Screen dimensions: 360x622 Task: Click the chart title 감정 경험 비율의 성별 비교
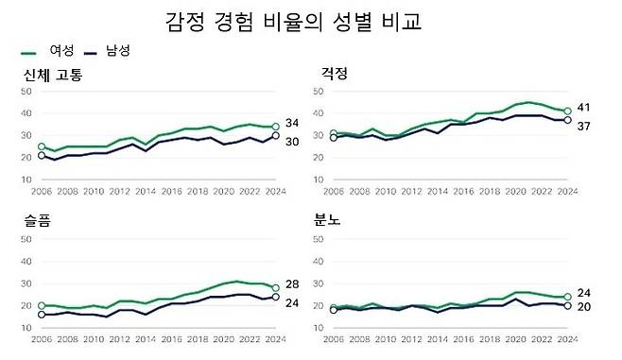pyautogui.click(x=292, y=22)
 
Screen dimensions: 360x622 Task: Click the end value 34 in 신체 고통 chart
pyautogui.click(x=294, y=124)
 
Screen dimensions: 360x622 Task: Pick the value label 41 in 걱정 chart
pyautogui.click(x=584, y=108)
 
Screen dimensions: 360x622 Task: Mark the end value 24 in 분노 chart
pyautogui.click(x=584, y=293)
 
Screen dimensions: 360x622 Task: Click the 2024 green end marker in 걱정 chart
pyautogui.click(x=566, y=111)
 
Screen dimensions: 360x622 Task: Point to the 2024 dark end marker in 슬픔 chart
pyautogui.click(x=275, y=297)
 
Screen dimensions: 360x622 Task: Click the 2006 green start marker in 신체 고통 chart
pyautogui.click(x=41, y=146)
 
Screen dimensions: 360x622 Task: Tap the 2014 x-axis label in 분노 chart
pyautogui.click(x=437, y=337)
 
